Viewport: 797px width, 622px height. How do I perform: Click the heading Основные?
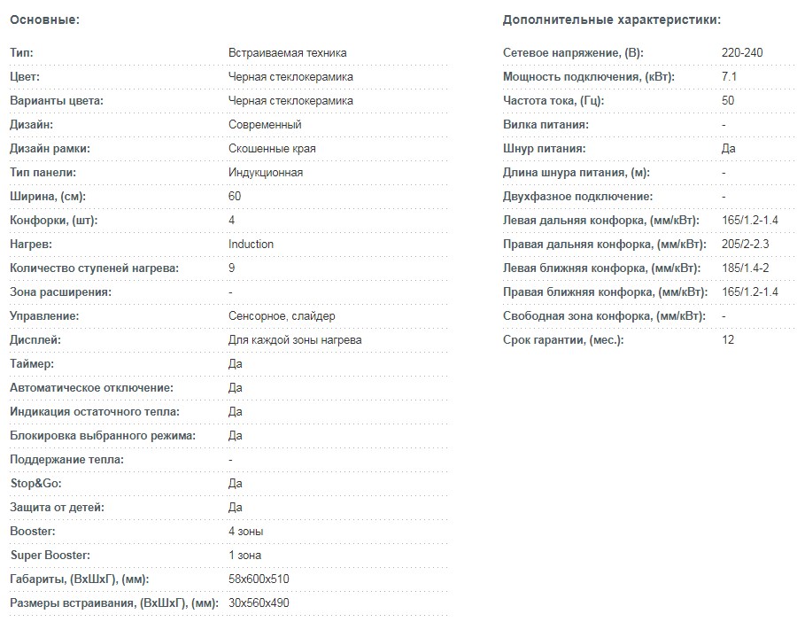[44, 19]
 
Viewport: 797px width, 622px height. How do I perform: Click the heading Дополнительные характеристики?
[611, 19]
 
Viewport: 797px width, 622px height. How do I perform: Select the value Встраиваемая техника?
[287, 53]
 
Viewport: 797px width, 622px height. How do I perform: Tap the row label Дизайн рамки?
[50, 149]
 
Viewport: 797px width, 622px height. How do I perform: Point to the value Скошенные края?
[272, 149]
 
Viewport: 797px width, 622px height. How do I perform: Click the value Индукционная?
[266, 173]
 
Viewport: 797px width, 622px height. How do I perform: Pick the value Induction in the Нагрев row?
[251, 245]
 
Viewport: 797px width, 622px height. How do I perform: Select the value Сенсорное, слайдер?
[282, 316]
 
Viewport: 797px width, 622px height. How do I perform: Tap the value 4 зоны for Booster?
[245, 532]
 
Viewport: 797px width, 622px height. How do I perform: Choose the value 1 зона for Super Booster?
[244, 556]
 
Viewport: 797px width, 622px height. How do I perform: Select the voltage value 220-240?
[742, 53]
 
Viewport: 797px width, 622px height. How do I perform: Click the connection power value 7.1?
[730, 77]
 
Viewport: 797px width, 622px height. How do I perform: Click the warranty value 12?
[728, 340]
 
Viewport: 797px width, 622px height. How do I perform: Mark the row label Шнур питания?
[545, 149]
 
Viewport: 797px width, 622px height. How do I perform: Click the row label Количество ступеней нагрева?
[94, 268]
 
